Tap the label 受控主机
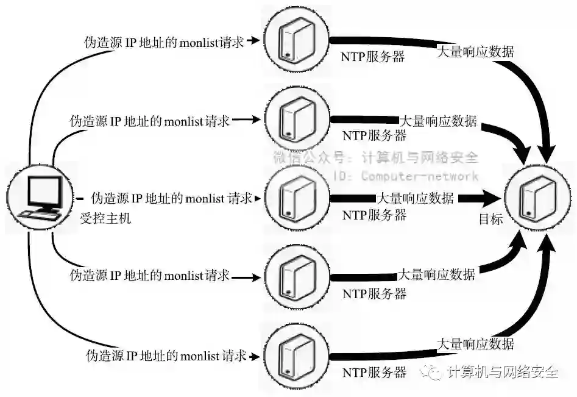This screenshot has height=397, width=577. pyautogui.click(x=105, y=218)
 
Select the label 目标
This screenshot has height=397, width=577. pyautogui.click(x=491, y=219)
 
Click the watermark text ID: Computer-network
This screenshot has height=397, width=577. pyautogui.click(x=406, y=176)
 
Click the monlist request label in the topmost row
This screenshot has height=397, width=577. pyautogui.click(x=164, y=42)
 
